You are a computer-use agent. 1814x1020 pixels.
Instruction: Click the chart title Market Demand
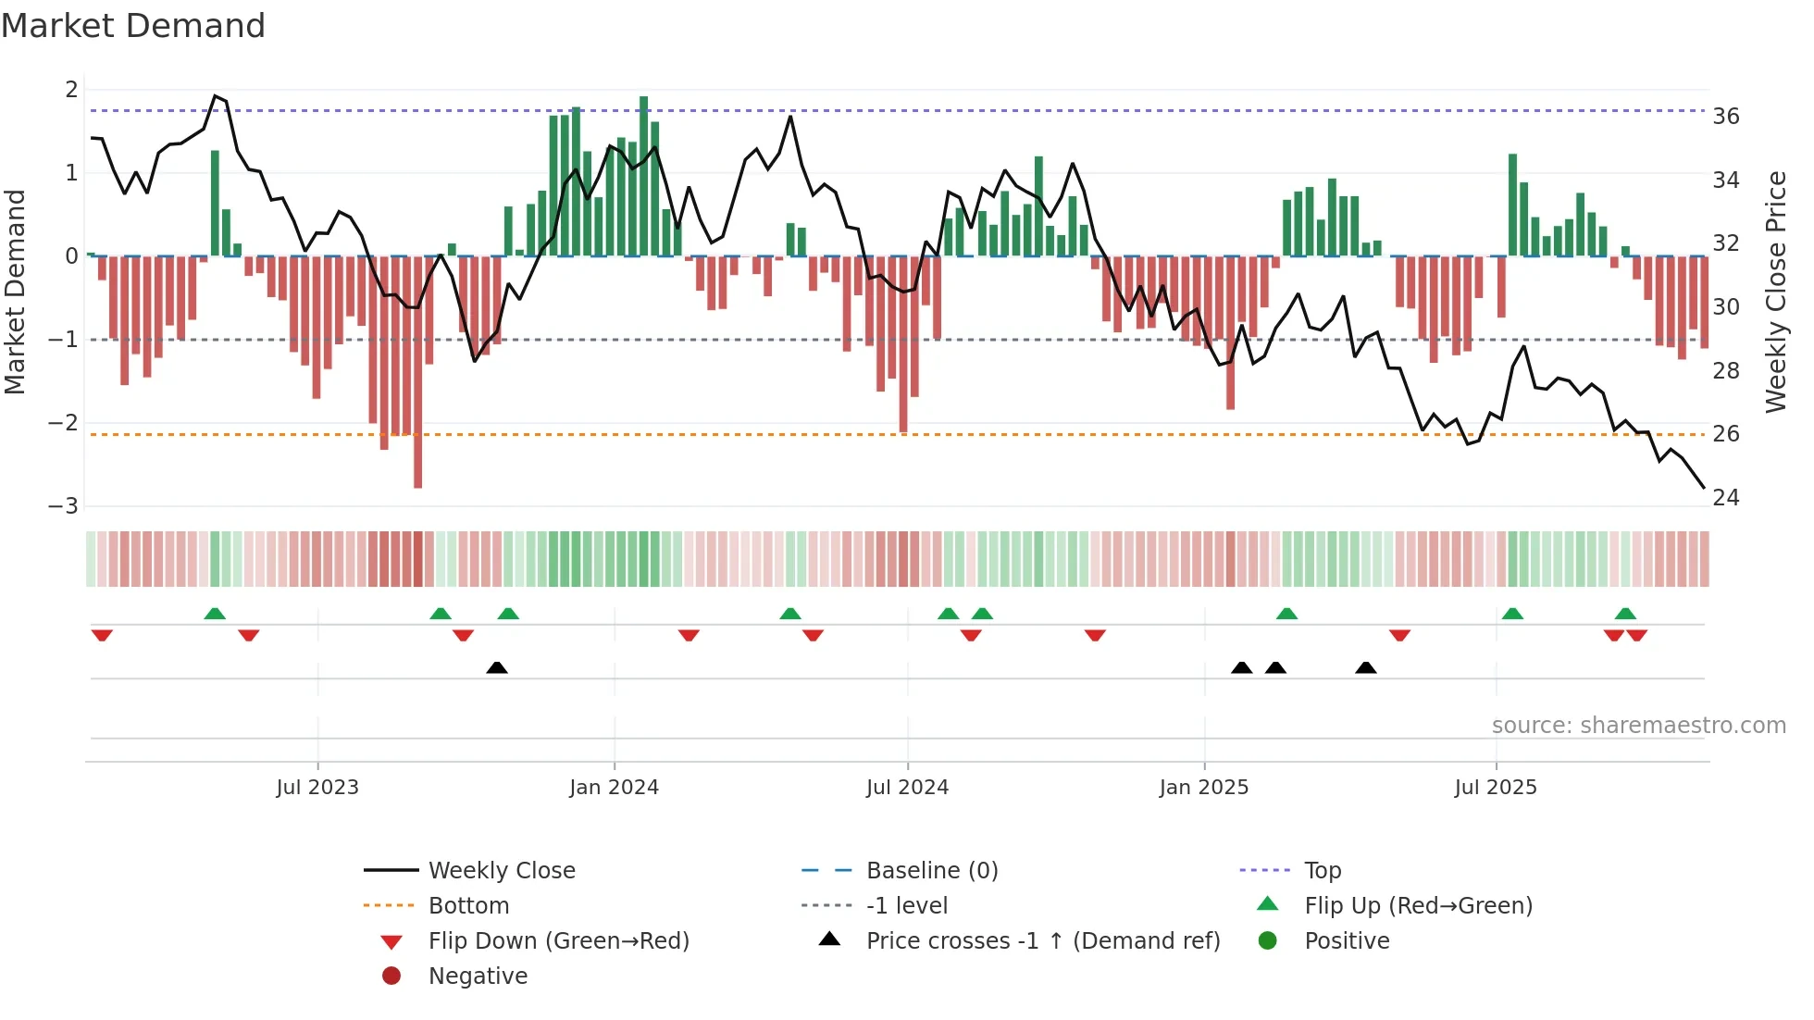(x=133, y=26)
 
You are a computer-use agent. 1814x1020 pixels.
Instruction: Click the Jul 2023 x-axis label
(x=317, y=788)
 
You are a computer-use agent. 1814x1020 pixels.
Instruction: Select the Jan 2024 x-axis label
(x=614, y=788)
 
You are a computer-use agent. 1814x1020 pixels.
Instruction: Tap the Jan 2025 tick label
(x=1203, y=788)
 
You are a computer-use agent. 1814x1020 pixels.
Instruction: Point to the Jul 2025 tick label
(x=1495, y=788)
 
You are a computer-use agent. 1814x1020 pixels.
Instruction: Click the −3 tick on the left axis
(x=63, y=506)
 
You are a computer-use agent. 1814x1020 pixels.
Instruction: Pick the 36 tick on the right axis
(x=1725, y=117)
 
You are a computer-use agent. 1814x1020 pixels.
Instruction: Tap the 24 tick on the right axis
(x=1725, y=498)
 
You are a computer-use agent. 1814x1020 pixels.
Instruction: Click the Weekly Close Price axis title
(x=1775, y=292)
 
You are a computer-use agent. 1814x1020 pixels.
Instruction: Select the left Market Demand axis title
(x=15, y=292)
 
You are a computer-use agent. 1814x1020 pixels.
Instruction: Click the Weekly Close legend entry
(x=501, y=871)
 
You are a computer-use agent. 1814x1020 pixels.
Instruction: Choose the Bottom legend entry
(x=468, y=906)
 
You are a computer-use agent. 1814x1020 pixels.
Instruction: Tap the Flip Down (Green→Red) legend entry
(x=558, y=941)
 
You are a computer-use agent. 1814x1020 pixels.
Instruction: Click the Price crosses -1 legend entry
(x=1042, y=941)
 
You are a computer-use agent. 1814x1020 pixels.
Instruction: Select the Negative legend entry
(x=478, y=976)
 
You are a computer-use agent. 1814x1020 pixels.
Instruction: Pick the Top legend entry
(x=1323, y=871)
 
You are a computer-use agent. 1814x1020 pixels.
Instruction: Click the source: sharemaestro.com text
(x=1638, y=726)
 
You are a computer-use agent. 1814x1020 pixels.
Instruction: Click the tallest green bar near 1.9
(x=643, y=176)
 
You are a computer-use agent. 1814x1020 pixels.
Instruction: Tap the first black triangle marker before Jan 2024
(x=497, y=667)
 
